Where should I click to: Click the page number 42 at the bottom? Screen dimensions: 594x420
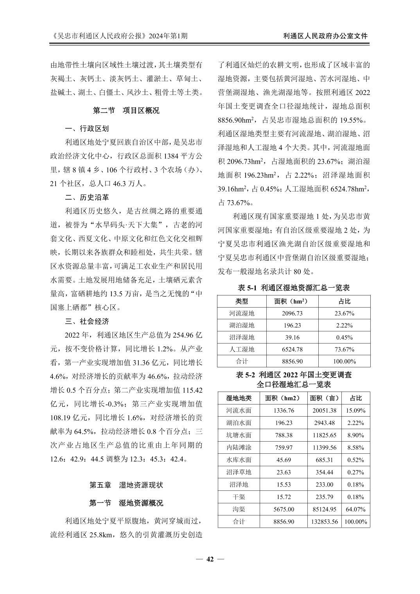tap(210, 559)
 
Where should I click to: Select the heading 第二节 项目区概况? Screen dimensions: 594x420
tap(126, 111)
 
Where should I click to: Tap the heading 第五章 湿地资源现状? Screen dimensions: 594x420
tap(126, 485)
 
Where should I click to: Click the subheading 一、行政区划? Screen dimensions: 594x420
tap(87, 129)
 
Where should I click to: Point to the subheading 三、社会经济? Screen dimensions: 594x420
tap(87, 321)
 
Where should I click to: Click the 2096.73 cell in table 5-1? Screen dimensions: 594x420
tap(292, 313)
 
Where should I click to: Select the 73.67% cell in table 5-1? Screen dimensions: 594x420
tap(345, 349)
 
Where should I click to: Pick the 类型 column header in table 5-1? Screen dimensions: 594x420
tap(241, 301)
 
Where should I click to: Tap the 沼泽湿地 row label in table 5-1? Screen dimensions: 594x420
tap(241, 337)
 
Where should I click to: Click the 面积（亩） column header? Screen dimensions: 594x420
tap(324, 398)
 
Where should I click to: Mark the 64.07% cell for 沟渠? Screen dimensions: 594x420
tap(355, 509)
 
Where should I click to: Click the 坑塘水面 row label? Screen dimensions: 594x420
tap(239, 435)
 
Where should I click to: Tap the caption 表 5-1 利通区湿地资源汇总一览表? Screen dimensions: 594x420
tap(294, 288)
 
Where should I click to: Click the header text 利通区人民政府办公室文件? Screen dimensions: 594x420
tap(325, 36)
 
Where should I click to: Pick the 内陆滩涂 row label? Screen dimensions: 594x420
tap(239, 447)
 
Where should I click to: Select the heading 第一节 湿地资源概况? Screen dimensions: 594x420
tap(126, 503)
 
